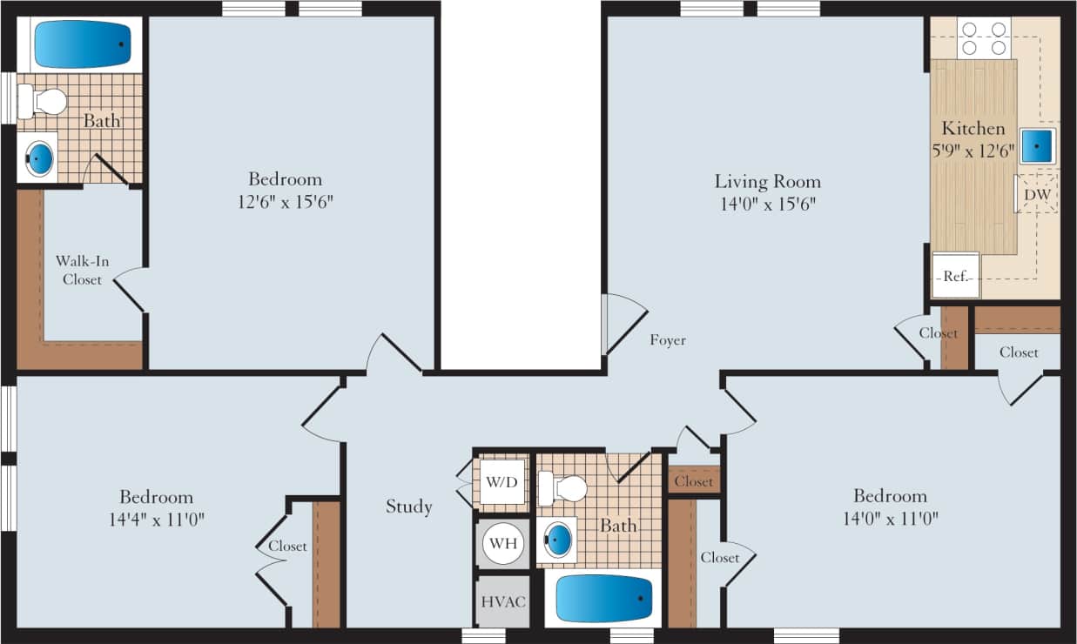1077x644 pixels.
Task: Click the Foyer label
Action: point(668,340)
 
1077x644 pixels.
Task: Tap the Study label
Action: point(409,506)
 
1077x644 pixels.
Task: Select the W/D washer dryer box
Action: point(502,481)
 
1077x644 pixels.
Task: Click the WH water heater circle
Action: point(502,544)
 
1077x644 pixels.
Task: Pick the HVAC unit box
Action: point(502,601)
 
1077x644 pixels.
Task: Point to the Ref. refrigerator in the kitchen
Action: point(955,276)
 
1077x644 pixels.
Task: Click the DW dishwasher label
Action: point(1036,195)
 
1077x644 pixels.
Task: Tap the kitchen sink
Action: point(1037,145)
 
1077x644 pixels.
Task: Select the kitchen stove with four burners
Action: point(983,38)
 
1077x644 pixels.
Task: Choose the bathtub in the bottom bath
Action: point(603,599)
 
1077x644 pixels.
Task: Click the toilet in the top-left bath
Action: point(44,102)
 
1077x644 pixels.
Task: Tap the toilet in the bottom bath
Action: point(562,488)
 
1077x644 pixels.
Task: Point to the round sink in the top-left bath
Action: point(40,158)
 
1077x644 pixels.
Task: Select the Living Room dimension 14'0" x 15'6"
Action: point(767,205)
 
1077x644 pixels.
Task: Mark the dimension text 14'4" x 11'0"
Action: point(157,520)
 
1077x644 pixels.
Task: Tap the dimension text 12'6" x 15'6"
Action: point(285,202)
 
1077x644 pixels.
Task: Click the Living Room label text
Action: point(767,182)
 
